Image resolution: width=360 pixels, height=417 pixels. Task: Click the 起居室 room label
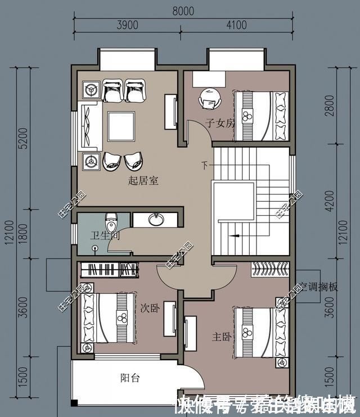143,181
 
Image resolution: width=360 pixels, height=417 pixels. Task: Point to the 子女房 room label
219,124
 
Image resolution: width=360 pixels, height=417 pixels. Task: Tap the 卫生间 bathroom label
105,236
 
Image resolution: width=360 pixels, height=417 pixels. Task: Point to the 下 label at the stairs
205,165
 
